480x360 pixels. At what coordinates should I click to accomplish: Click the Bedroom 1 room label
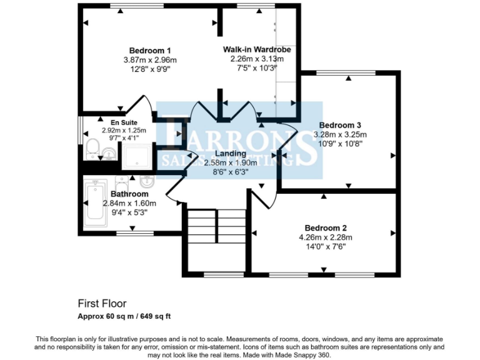click(150, 51)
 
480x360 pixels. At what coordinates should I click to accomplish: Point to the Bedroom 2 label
click(326, 227)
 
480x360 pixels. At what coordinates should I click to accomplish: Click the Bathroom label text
click(129, 194)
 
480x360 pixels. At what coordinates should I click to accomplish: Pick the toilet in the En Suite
click(92, 149)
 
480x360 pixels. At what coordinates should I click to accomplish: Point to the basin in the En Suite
click(108, 152)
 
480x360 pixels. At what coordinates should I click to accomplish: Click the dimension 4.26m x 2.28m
click(326, 237)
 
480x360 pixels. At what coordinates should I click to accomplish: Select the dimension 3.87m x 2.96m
click(150, 60)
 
